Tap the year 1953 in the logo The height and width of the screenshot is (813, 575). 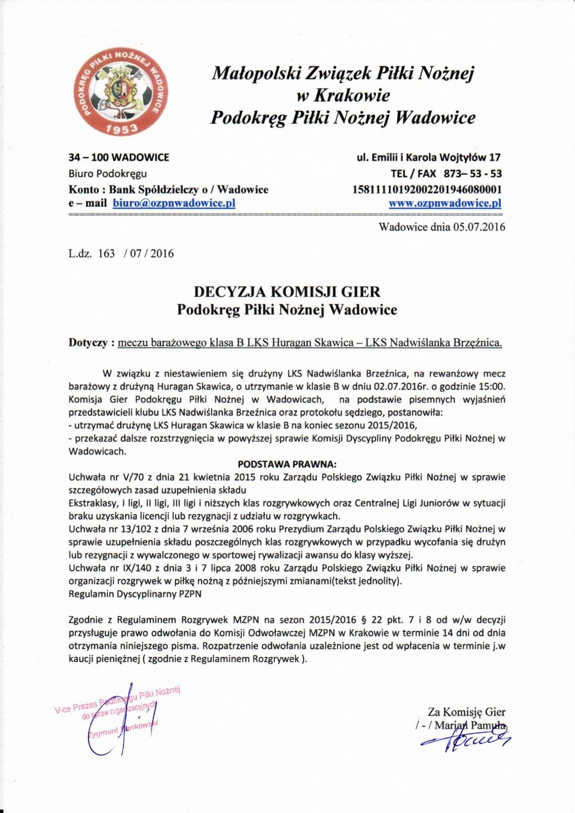pyautogui.click(x=121, y=129)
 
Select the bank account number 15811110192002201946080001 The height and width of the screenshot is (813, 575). pyautogui.click(x=427, y=190)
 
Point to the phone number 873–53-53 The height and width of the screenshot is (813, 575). pyautogui.click(x=473, y=173)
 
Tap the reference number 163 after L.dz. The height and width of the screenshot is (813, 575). pyautogui.click(x=107, y=254)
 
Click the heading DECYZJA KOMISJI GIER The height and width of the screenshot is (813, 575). pyautogui.click(x=287, y=292)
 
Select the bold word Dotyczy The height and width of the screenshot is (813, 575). pyautogui.click(x=88, y=343)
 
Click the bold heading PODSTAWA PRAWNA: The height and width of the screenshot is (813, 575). pyautogui.click(x=287, y=464)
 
